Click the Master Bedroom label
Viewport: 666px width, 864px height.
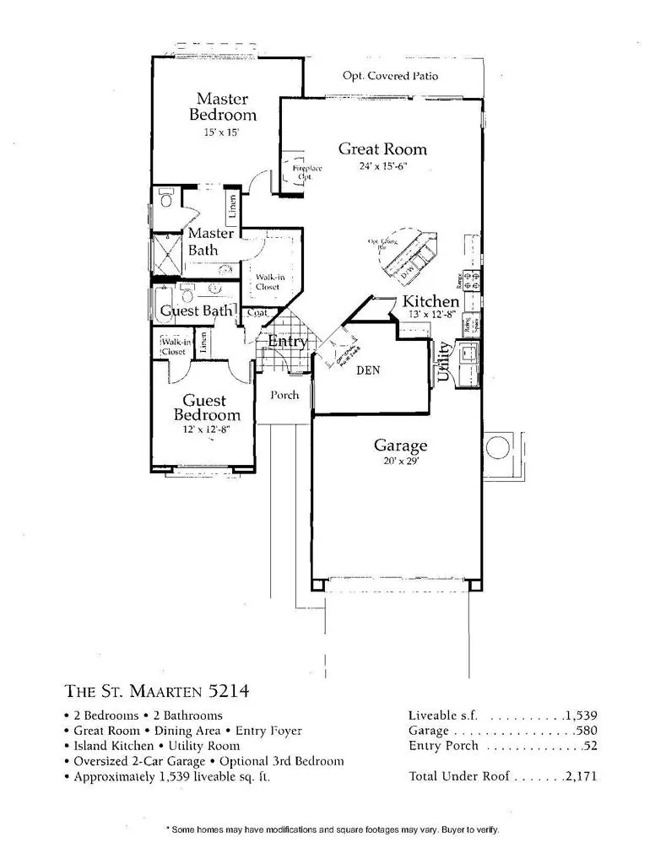(222, 106)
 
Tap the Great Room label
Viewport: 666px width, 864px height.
(382, 149)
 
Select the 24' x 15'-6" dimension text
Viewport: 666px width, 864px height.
(382, 166)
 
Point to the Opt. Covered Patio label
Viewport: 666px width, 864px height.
(390, 76)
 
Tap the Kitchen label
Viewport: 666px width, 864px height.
(430, 301)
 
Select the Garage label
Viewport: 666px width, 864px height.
(400, 445)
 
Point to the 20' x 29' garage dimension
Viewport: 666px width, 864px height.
(400, 462)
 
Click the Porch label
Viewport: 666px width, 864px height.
(284, 395)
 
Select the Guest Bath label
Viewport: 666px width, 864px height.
(196, 310)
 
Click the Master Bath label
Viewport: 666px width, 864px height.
(210, 241)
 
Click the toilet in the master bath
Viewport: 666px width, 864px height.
(165, 199)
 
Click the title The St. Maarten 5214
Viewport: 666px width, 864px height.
(156, 691)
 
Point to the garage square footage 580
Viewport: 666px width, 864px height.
(586, 730)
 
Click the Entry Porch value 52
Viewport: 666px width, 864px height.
(590, 746)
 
